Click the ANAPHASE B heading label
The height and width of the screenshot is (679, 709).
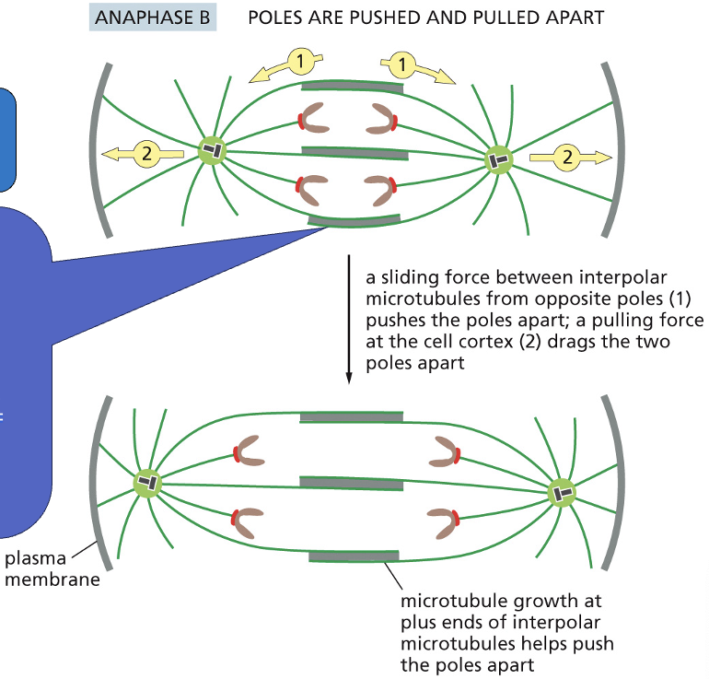(x=152, y=18)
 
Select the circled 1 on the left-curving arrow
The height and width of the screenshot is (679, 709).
(x=298, y=62)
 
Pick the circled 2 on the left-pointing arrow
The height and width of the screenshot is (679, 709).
(x=145, y=153)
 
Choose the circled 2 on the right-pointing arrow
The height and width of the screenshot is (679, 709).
(x=567, y=157)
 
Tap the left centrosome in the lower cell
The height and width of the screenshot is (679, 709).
(x=146, y=482)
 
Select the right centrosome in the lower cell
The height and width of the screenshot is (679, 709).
(x=562, y=493)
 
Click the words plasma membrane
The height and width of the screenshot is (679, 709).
(x=52, y=568)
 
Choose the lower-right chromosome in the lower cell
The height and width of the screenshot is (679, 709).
(x=447, y=521)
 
